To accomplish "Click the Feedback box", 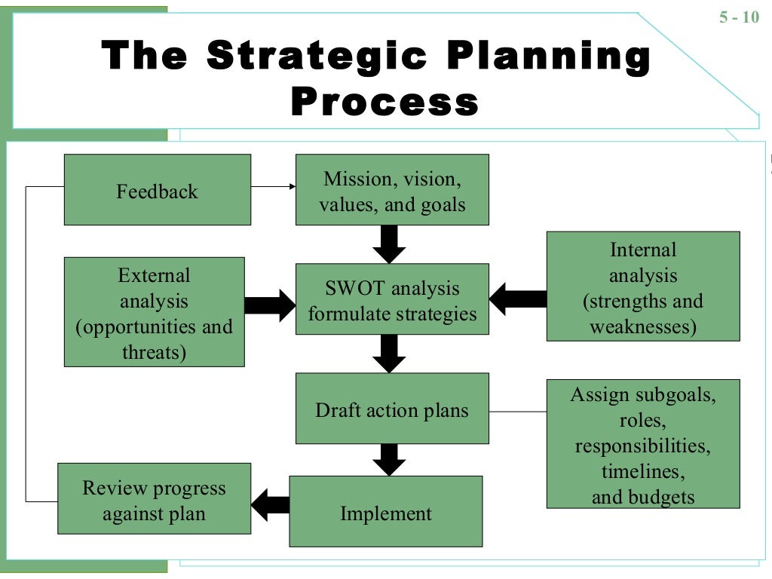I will [x=157, y=190].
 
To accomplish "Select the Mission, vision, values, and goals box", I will [x=391, y=190].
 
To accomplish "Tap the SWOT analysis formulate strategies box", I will [x=391, y=300].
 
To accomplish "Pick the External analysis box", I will [x=154, y=312].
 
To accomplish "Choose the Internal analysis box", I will [x=642, y=286].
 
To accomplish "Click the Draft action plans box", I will [x=391, y=409].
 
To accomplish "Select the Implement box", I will [x=385, y=512].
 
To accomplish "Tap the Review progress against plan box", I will [x=154, y=499].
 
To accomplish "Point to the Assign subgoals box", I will [x=642, y=444].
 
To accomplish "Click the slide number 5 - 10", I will [x=739, y=17].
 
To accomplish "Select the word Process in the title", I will [x=384, y=101].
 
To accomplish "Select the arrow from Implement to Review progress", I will [x=270, y=504].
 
